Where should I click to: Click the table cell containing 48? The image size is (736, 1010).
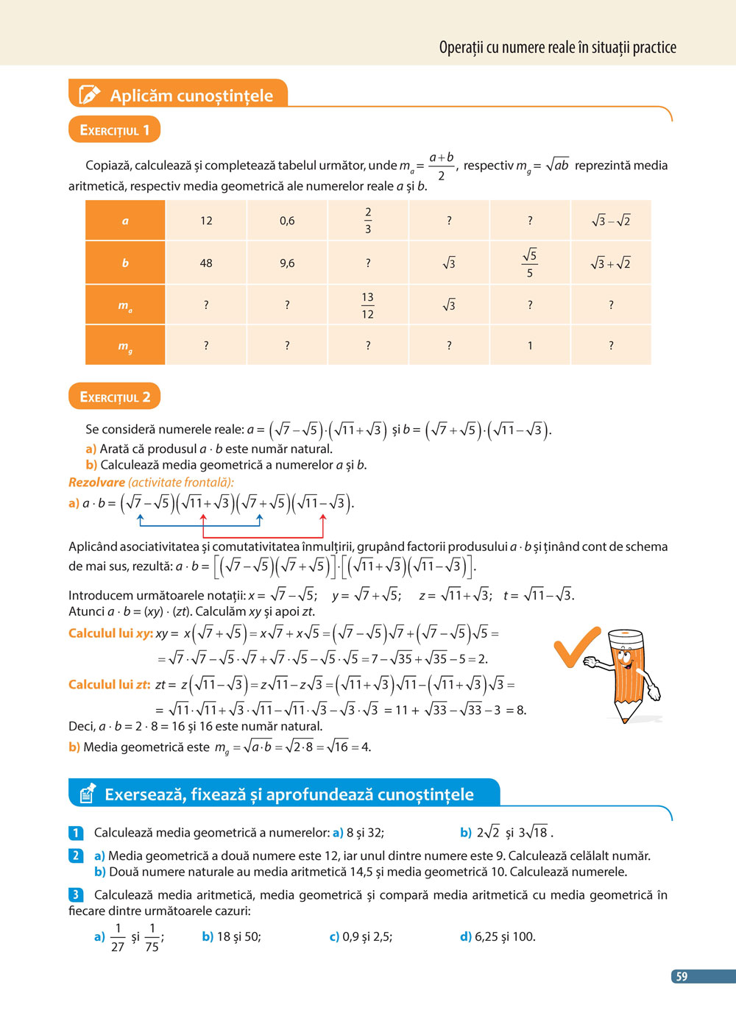[206, 263]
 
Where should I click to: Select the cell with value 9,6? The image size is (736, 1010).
[287, 263]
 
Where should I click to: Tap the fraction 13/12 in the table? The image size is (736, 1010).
[368, 305]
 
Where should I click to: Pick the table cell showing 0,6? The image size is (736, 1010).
[287, 221]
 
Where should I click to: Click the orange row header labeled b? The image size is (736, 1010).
[125, 263]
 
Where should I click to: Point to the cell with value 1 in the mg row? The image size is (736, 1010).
[530, 346]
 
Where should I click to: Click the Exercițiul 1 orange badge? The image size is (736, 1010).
[114, 130]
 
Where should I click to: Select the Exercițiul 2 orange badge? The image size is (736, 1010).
[114, 397]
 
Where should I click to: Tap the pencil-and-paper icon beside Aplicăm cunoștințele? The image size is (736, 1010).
[88, 95]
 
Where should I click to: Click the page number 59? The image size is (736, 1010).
[682, 977]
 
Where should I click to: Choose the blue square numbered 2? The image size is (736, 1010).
[75, 856]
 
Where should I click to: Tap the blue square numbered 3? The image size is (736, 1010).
[75, 895]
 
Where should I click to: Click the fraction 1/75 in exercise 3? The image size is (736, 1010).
[152, 937]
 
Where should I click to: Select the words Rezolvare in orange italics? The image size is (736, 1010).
[96, 483]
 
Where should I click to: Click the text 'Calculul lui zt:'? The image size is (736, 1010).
[109, 685]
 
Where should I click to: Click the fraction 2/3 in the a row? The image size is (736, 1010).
[368, 221]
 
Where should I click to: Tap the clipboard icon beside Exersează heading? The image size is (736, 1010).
[87, 793]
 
